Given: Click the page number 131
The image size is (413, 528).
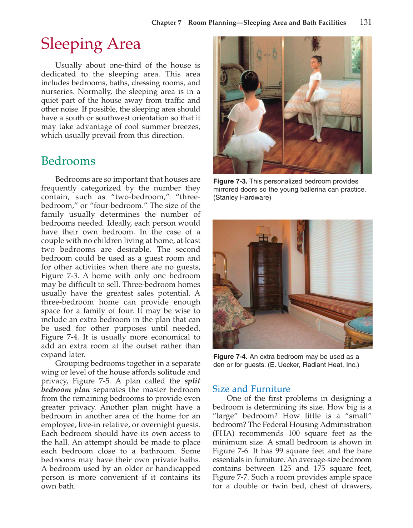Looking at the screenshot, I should [x=365, y=22].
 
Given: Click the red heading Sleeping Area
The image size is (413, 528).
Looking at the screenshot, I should [x=91, y=44].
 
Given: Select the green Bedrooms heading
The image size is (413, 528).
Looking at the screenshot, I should [x=68, y=161].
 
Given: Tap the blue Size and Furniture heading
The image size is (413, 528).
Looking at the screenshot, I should [x=251, y=389].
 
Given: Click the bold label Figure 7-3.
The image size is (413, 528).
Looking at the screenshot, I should [x=230, y=181].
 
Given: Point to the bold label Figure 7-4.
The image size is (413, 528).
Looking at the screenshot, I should [x=230, y=357].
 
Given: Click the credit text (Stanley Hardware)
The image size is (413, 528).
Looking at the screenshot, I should [x=242, y=197].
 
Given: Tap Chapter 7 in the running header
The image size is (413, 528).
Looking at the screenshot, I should [x=166, y=22].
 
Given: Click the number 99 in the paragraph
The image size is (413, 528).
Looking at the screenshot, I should [x=279, y=451].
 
